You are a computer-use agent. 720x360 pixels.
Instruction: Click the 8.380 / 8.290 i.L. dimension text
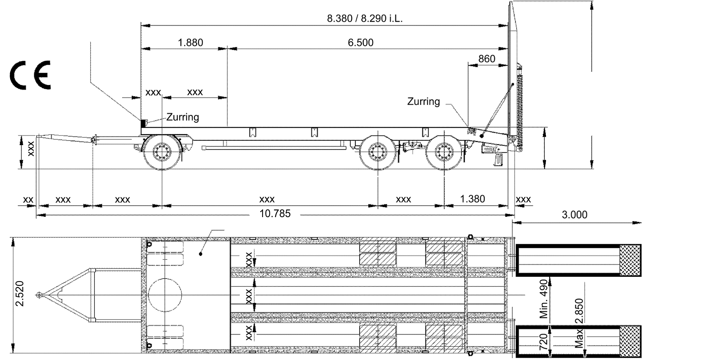point(364,18)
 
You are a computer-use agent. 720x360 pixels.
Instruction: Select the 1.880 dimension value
point(190,42)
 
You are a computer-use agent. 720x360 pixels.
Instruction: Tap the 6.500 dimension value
point(360,42)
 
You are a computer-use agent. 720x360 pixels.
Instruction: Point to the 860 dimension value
point(487,59)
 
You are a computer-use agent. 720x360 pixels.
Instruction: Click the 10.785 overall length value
point(275,214)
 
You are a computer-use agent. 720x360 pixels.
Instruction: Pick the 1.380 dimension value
point(472,199)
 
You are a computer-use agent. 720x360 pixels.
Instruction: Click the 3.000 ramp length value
point(574,215)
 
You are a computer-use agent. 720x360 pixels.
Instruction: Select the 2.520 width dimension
point(20,294)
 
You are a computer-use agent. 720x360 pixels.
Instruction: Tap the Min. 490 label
point(544,299)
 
